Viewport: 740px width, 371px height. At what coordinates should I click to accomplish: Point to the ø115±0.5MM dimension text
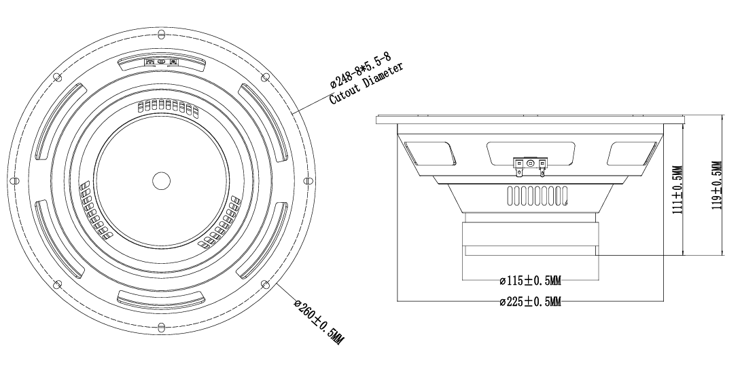pos(531,281)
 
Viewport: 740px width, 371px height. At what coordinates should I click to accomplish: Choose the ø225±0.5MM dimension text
pos(531,301)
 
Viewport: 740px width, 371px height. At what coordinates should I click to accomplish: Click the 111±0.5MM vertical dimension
pos(677,190)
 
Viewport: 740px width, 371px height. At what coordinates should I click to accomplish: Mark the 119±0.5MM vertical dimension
pos(718,185)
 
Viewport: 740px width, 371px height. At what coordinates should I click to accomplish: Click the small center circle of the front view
pos(162,180)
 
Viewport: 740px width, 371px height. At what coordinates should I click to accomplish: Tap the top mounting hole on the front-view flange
pos(162,35)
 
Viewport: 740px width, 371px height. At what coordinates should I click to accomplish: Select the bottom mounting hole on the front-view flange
pos(162,326)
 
